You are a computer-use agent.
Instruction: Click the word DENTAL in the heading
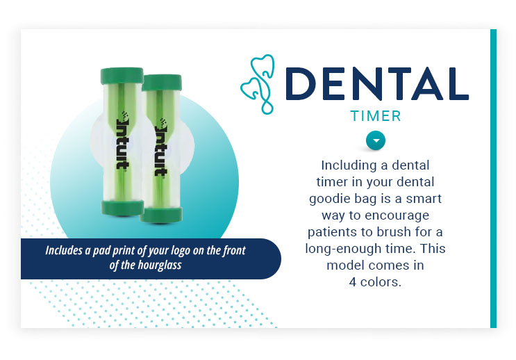click(377, 83)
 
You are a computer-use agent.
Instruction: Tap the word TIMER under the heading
click(376, 116)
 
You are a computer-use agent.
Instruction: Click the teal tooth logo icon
click(258, 84)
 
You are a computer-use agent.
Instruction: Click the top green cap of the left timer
click(122, 76)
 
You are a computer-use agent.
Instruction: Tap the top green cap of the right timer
click(162, 82)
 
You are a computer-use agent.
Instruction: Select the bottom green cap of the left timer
click(122, 208)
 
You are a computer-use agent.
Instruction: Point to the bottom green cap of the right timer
click(161, 215)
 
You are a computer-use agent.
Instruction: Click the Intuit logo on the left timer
click(123, 140)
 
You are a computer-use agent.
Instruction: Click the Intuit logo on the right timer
click(161, 147)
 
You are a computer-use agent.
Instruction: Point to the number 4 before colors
click(352, 282)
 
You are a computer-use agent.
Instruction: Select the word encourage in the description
click(397, 215)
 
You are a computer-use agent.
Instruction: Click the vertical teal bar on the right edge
click(493, 179)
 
